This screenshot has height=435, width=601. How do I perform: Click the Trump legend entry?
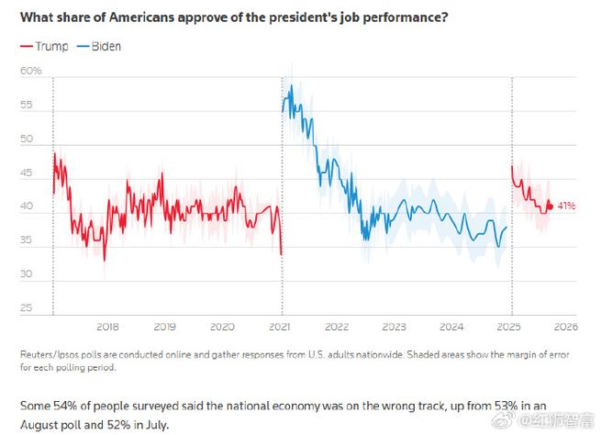[44, 46]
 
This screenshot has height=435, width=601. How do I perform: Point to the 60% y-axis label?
[30, 71]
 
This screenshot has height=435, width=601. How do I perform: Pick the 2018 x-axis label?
[106, 327]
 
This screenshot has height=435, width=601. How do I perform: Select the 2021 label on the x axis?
[280, 327]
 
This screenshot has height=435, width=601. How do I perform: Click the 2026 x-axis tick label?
[564, 327]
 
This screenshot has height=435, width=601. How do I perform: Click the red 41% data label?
[566, 206]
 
